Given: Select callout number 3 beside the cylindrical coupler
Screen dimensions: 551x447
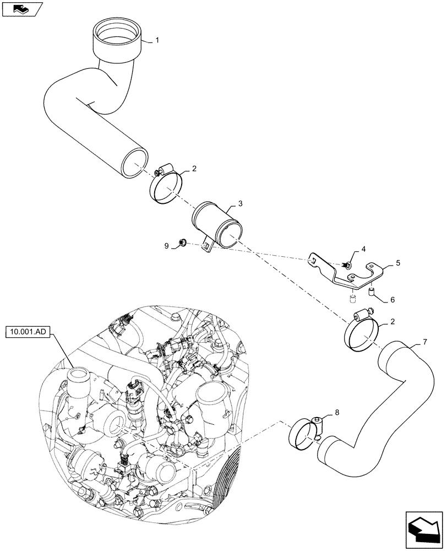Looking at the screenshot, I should pyautogui.click(x=241, y=203).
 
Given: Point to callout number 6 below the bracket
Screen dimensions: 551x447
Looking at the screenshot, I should pyautogui.click(x=392, y=300).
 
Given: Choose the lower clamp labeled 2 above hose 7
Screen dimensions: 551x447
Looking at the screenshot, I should pyautogui.click(x=360, y=332).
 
